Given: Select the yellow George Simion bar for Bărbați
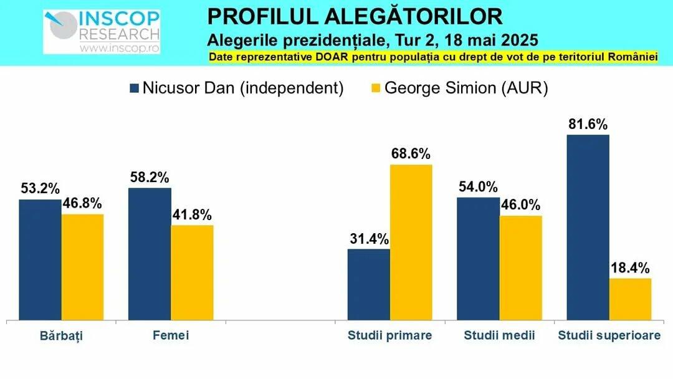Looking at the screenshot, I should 82,267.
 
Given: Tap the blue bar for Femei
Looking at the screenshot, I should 150,254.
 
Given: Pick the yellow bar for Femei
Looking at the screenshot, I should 192,273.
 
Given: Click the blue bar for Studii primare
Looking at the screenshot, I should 369,285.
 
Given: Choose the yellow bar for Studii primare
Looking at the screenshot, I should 411,242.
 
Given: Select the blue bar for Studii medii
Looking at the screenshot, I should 478,259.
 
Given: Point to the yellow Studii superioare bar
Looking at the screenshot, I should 630,299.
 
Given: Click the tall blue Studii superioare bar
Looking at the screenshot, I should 588,228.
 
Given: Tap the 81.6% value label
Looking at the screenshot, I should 588,124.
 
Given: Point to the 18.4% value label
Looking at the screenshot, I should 630,268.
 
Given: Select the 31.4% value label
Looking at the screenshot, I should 369,239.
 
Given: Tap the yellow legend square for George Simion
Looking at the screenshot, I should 376,88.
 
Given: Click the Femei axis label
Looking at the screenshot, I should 171,335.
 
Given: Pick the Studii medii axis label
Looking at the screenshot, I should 499,335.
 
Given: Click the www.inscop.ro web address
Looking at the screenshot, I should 119,47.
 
